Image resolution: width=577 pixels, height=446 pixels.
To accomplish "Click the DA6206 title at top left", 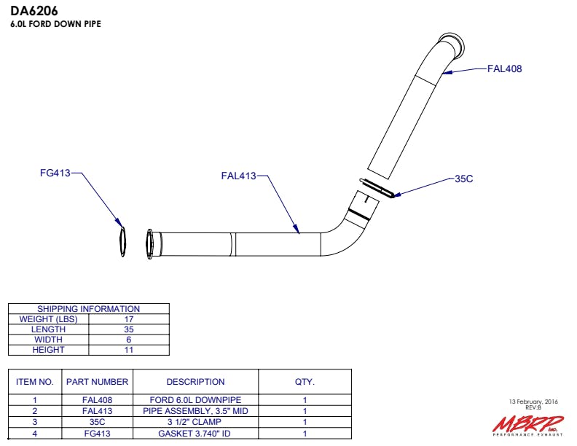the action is point(34,11).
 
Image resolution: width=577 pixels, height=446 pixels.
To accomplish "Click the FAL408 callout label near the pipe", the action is point(504,69).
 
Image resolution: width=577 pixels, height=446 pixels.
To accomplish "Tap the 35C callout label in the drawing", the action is point(463,179).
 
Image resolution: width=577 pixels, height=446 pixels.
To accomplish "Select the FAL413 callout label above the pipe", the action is point(238,176).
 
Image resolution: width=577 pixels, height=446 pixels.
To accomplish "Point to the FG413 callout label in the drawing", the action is point(55,173).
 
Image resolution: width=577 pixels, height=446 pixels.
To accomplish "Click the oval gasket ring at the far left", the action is point(122,241).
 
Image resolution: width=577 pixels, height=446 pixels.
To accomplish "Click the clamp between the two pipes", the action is point(377,188).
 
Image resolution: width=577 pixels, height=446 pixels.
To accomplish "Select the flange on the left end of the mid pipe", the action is point(150,244).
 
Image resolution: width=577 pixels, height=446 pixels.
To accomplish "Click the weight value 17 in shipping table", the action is point(129,319).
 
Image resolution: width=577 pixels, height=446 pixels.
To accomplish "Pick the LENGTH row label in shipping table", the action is point(48,329).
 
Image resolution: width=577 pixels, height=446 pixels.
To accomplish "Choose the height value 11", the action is point(129,350).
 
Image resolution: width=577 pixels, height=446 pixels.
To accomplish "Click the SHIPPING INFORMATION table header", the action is point(89,309).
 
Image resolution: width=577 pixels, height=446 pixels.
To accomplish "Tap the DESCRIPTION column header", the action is point(195,382).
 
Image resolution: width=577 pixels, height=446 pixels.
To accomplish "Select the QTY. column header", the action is point(305,382).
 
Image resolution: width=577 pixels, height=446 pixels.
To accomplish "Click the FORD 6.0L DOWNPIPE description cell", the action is point(195,400).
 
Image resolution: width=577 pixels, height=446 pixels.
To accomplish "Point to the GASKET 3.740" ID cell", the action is point(195,434).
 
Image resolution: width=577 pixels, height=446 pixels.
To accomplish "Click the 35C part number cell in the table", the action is point(97,422).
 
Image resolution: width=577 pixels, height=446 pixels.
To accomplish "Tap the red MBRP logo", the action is point(528,426).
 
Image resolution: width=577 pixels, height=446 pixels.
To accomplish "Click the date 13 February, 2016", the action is point(533,402).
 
